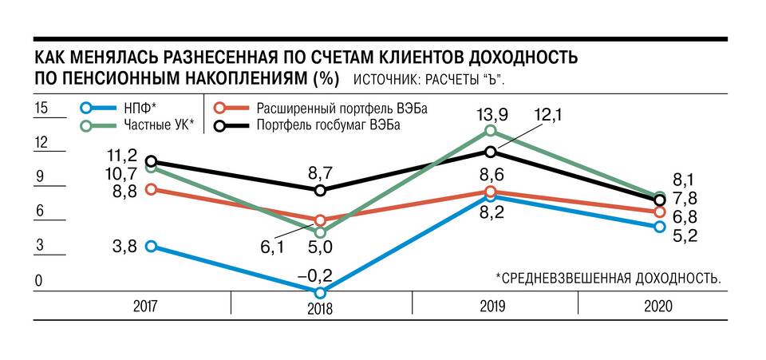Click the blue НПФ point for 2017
tap(151, 247)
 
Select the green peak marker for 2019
tap(491, 130)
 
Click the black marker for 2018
tap(321, 191)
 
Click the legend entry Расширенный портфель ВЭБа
tap(335, 108)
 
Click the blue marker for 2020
tap(659, 227)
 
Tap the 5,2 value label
tap(685, 235)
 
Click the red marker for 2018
tap(321, 220)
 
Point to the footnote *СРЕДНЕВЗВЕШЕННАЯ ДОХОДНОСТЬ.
tap(609, 278)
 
